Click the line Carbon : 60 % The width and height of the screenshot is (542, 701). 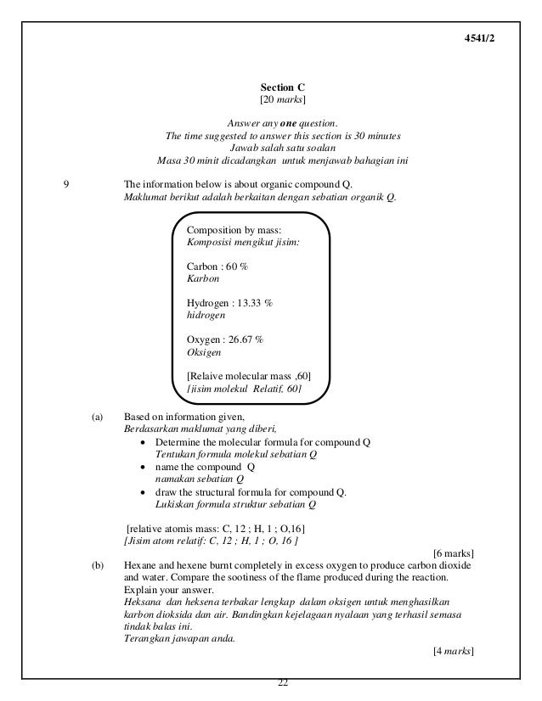click(x=217, y=266)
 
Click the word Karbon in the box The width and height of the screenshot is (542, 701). click(x=202, y=278)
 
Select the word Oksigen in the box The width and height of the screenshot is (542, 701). click(x=205, y=351)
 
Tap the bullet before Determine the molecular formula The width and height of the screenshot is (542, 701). click(x=145, y=442)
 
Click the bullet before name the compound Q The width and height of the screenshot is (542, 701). click(x=145, y=467)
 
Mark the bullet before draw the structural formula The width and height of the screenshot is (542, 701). click(x=145, y=492)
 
